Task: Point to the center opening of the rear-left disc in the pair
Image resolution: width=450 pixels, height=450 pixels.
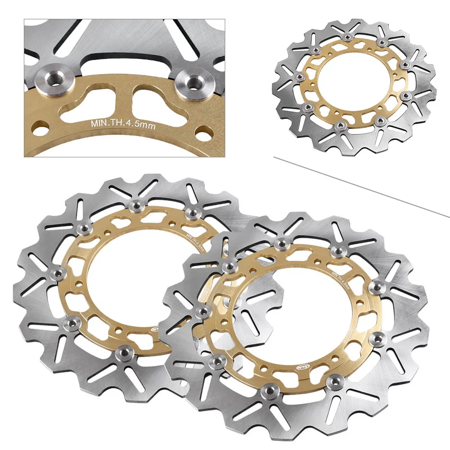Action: tap(135, 274)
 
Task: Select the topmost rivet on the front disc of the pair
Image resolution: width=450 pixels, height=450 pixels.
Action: tap(282, 244)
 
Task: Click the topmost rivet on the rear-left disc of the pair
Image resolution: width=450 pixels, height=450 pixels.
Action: tap(134, 205)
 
